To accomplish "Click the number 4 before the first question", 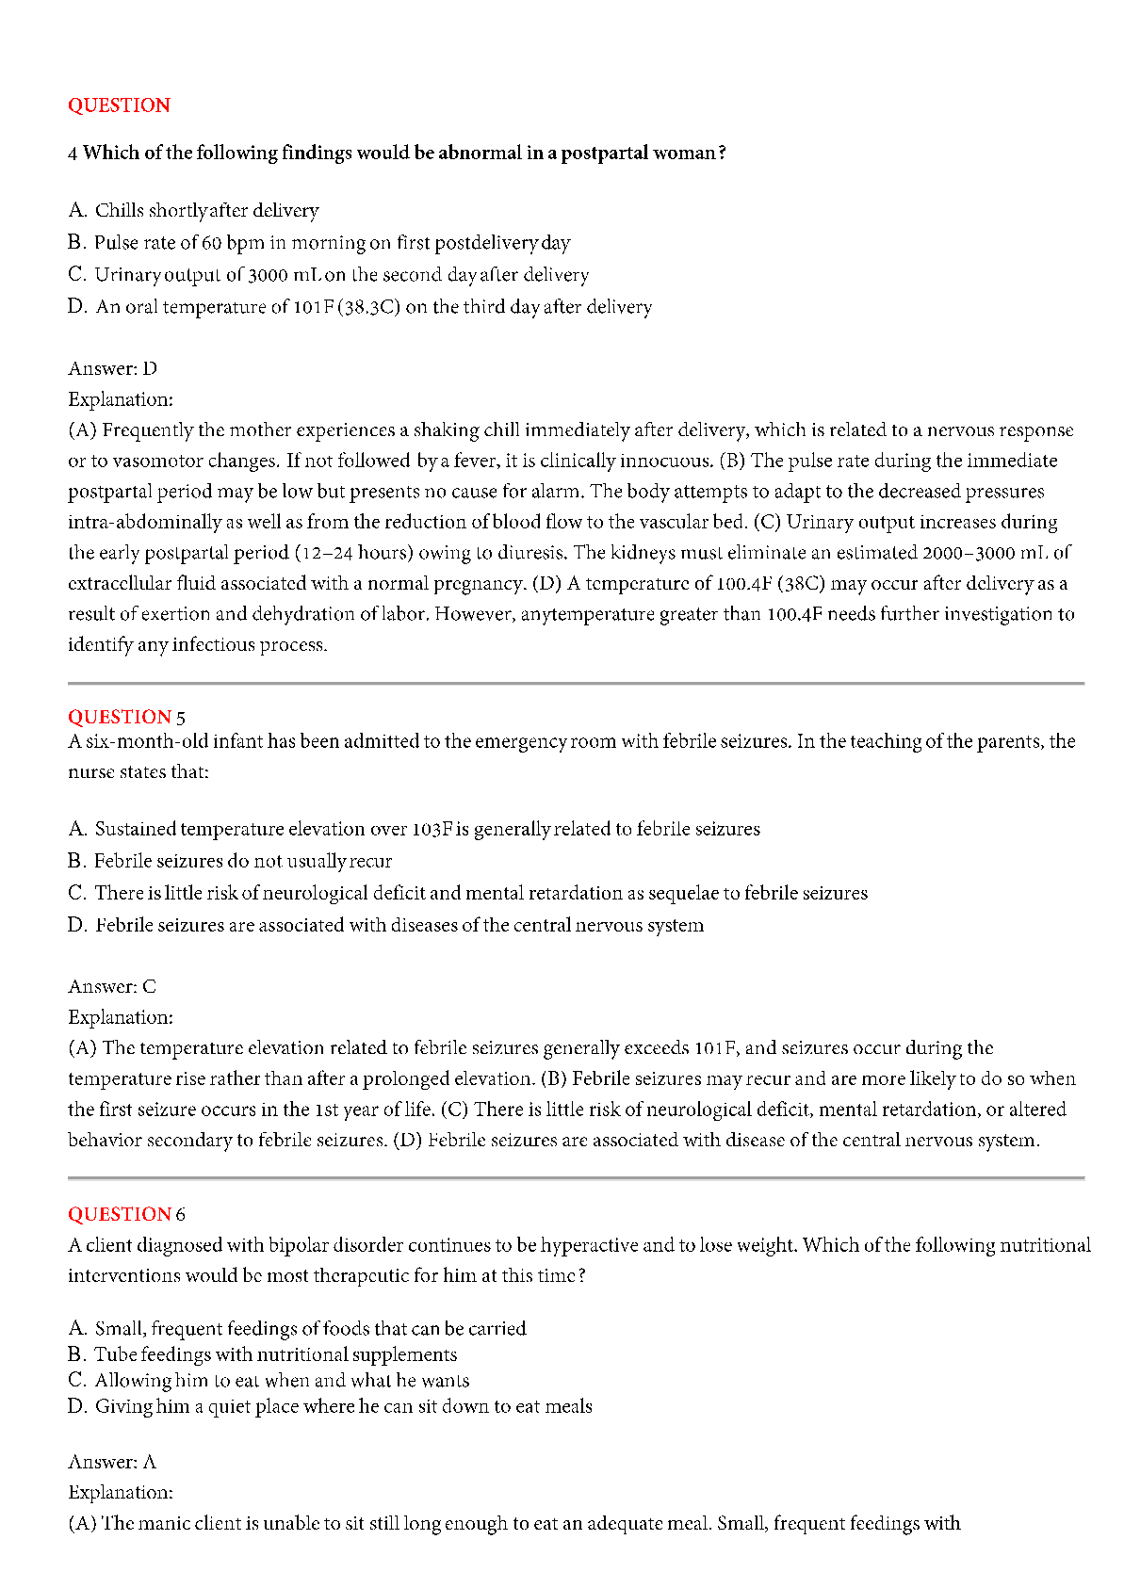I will click(x=73, y=154).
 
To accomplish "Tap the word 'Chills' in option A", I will click(x=120, y=210).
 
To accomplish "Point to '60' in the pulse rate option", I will click(x=211, y=243).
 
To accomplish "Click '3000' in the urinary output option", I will click(x=268, y=275).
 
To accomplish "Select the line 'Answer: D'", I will click(x=112, y=368).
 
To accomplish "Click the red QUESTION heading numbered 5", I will click(x=120, y=717).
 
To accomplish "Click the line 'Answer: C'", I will click(x=112, y=986).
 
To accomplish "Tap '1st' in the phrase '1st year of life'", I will click(x=327, y=1110).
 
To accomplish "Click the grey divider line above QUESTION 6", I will click(x=576, y=1177).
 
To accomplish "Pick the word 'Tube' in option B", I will click(x=114, y=1354).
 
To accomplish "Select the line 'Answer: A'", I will click(x=112, y=1462).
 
